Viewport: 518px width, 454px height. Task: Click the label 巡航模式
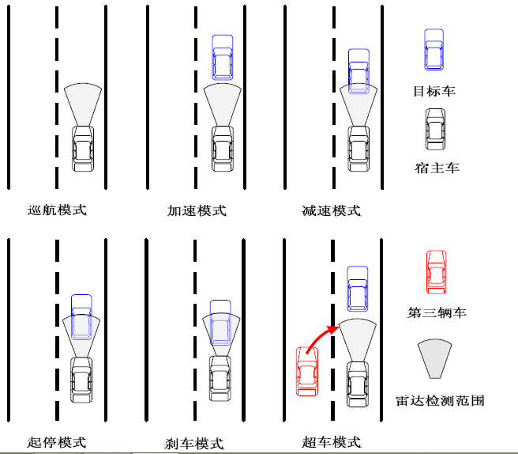tap(57, 210)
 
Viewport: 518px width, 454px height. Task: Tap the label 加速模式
tap(197, 211)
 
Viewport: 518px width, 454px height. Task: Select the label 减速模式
tap(332, 211)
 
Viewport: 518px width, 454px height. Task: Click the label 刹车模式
tap(195, 443)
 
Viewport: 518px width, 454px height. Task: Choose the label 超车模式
tap(332, 442)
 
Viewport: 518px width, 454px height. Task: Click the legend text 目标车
tap(434, 91)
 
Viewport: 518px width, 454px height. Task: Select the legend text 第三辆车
tap(437, 312)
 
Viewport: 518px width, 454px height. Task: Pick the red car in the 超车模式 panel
tap(307, 371)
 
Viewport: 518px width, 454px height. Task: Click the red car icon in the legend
tap(436, 271)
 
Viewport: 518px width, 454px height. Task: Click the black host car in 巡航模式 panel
tap(84, 148)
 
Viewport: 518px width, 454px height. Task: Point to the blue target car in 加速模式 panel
tap(223, 58)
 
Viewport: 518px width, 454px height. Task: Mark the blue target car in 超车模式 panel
tap(358, 289)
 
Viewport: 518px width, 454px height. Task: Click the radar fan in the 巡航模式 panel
tap(84, 103)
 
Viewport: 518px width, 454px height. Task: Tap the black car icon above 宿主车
tap(435, 127)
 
